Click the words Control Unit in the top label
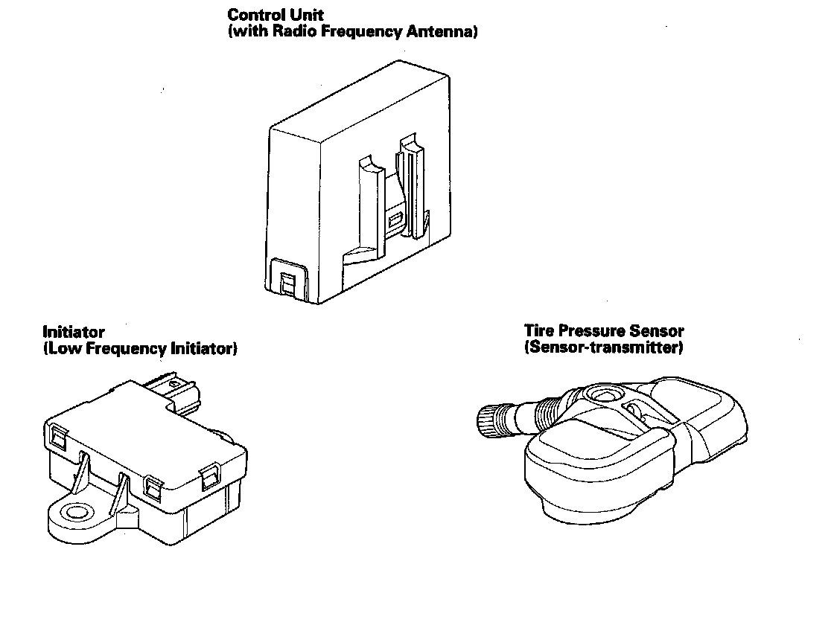(276, 15)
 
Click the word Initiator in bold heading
(74, 332)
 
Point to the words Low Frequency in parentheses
(107, 348)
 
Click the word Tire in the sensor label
(538, 330)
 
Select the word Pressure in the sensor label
(590, 330)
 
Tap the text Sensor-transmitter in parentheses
(604, 347)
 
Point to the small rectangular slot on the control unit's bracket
(395, 220)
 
